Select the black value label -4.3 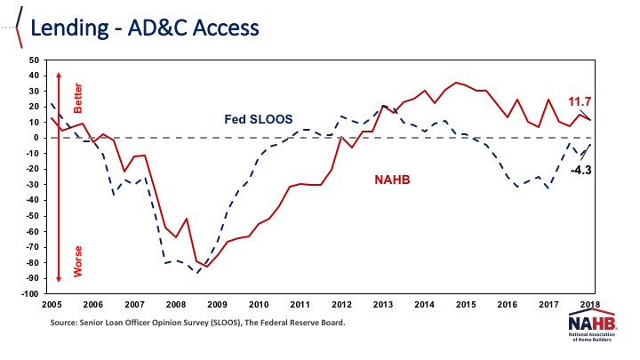point(581,169)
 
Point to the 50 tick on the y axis point(35,60)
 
